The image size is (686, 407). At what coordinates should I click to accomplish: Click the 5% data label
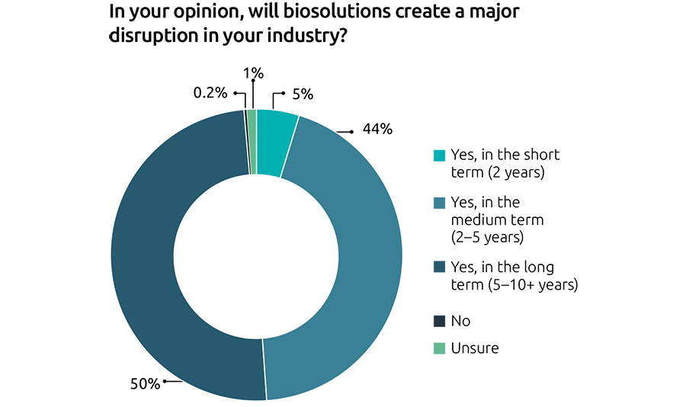tap(303, 95)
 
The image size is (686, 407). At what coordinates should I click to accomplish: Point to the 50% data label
tap(146, 383)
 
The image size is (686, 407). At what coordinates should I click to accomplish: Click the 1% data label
tap(253, 73)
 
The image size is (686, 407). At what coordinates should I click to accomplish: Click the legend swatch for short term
tap(439, 155)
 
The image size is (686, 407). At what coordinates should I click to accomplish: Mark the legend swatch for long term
tap(439, 269)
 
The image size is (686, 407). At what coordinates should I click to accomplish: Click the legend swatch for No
tap(439, 321)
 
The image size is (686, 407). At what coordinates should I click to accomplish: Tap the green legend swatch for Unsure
tap(439, 348)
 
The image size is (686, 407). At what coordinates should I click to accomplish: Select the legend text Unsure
tap(475, 348)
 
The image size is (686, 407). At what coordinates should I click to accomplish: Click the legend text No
tap(461, 321)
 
